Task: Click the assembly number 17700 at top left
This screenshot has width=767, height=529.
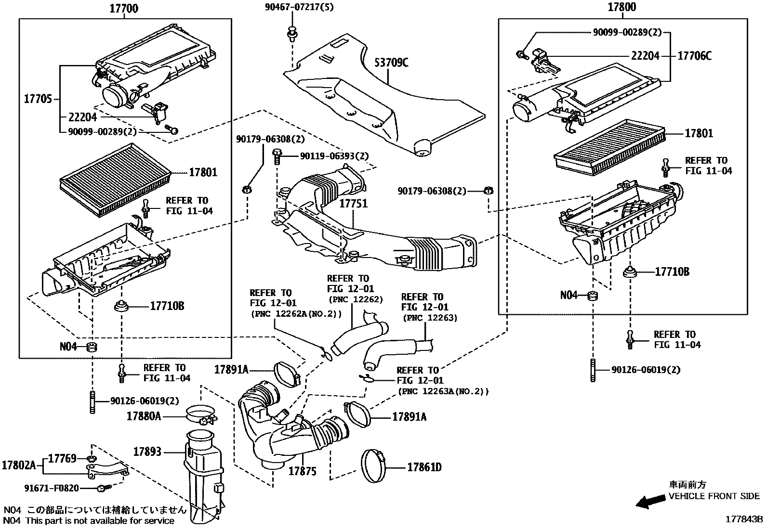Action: pos(124,8)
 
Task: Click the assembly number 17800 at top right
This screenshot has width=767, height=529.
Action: pos(622,7)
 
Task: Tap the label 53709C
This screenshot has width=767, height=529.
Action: pos(391,63)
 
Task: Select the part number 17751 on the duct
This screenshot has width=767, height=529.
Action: pos(353,203)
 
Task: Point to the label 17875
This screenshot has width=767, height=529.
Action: pos(302,471)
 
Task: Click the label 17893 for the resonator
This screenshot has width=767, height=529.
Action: pos(147,452)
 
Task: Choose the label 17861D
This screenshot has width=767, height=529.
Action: pos(424,467)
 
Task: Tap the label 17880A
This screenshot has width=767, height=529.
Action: pos(144,416)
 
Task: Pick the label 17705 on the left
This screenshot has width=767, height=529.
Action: pos(38,100)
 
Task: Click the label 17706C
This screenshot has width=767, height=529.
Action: pos(694,56)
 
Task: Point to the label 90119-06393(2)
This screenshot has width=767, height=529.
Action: pos(334,156)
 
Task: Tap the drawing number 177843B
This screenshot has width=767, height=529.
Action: pos(745,519)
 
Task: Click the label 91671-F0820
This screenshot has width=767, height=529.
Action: pos(52,488)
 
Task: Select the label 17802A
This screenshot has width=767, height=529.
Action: pos(19,465)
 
